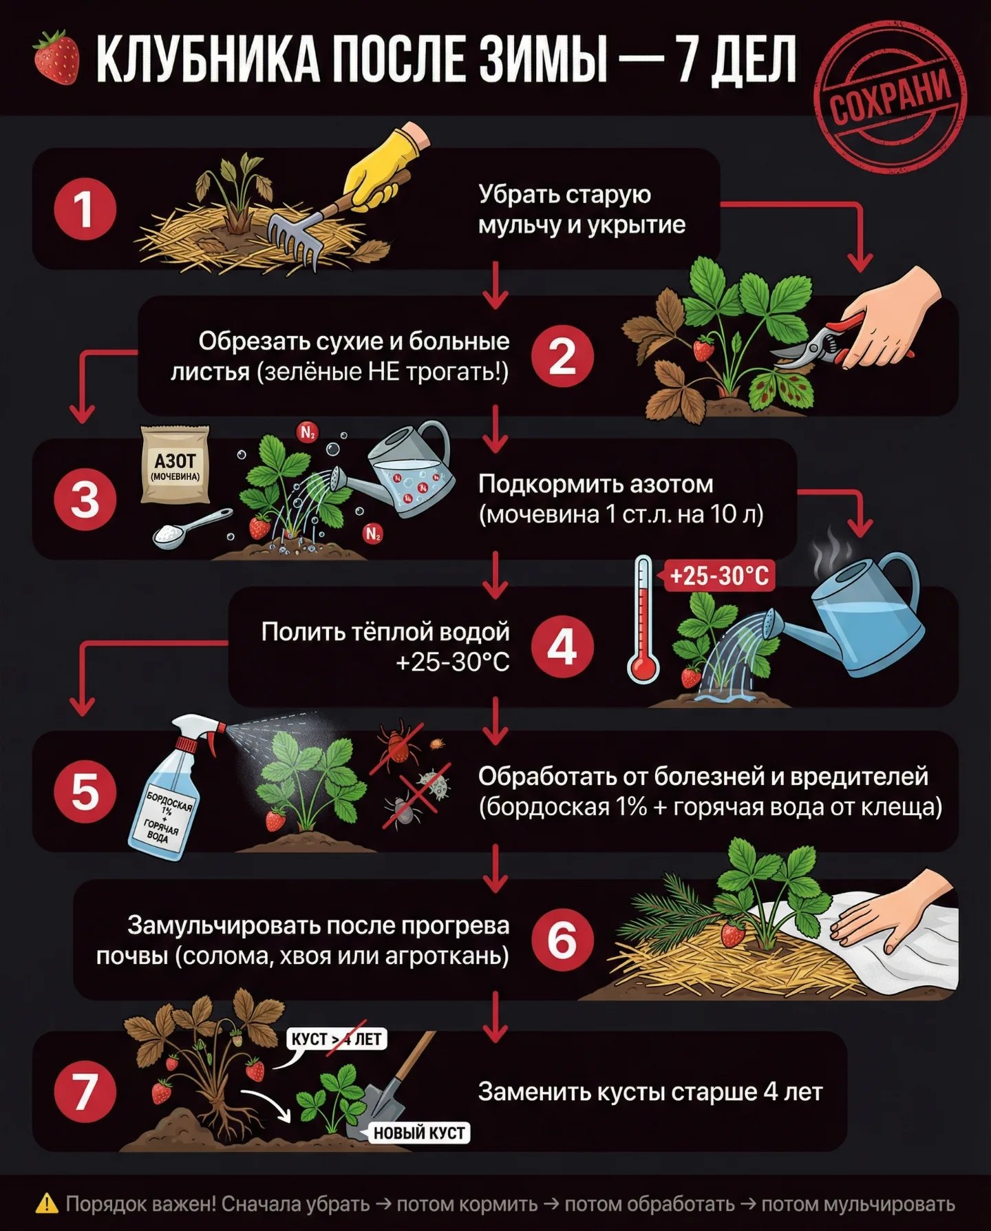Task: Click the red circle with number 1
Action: click(85, 209)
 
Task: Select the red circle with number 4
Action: click(562, 648)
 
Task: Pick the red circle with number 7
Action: click(85, 1091)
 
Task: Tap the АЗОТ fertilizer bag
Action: click(175, 464)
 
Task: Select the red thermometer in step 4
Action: click(643, 620)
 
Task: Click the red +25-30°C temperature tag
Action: click(718, 576)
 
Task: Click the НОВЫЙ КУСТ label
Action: click(419, 1133)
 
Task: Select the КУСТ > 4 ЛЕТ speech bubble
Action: click(337, 1040)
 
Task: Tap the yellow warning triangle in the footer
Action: click(47, 1203)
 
